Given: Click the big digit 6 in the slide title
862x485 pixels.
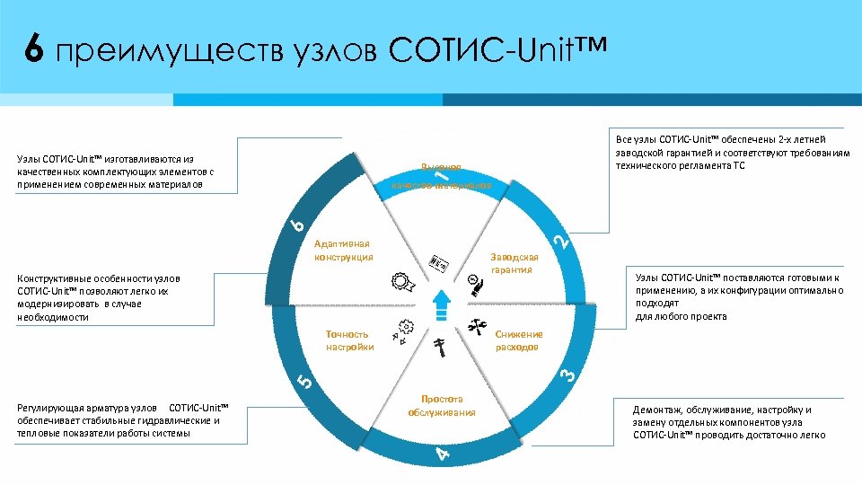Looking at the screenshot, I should point(33,52).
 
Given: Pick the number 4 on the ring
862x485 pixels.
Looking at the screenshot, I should point(442,454).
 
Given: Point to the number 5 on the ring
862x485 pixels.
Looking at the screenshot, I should point(306,381).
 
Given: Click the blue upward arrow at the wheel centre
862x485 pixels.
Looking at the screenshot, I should point(440,304).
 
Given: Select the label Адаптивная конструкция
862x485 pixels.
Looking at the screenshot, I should point(344,251).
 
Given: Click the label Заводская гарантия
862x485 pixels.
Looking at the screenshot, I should point(515,262).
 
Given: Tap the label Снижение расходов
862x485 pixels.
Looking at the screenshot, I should point(518,340).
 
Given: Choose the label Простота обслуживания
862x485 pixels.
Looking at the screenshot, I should point(441,405).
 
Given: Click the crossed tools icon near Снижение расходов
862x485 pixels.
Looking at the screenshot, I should point(477,325).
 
